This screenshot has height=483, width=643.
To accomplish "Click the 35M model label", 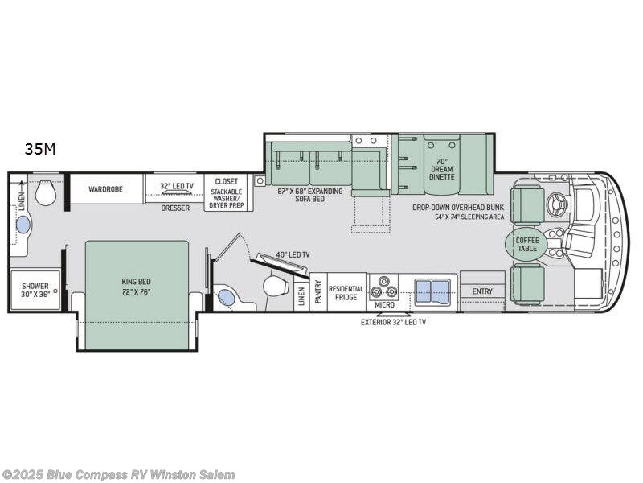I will pyautogui.click(x=40, y=148).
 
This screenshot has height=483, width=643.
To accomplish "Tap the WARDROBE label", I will pyautogui.click(x=104, y=191).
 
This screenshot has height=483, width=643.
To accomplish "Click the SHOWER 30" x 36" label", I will pyautogui.click(x=35, y=290).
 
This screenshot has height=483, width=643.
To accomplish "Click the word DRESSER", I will pyautogui.click(x=175, y=208).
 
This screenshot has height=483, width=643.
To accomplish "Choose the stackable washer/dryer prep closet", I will pyautogui.click(x=226, y=193).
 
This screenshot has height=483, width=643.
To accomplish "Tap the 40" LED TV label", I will pyautogui.click(x=293, y=255).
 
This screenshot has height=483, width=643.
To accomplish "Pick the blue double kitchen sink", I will pyautogui.click(x=432, y=291).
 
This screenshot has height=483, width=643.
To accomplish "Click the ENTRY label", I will pyautogui.click(x=482, y=291).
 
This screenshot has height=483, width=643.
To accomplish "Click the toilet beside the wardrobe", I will pyautogui.click(x=46, y=193).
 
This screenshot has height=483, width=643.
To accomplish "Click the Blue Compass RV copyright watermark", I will pyautogui.click(x=119, y=474).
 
